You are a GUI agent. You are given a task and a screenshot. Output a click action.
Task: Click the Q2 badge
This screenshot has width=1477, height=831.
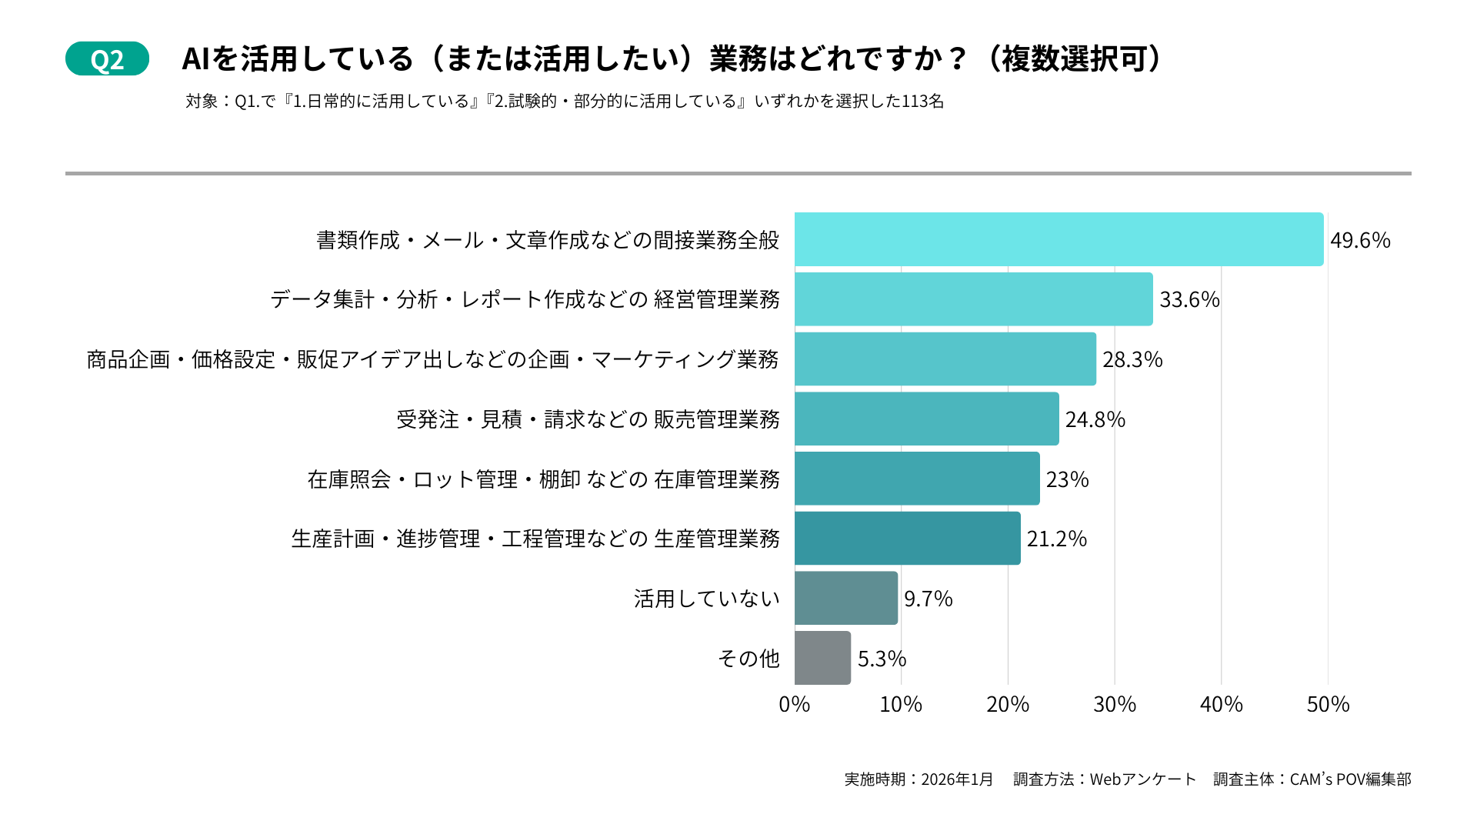tap(107, 59)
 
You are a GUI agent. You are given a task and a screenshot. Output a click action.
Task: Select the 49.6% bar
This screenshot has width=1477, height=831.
tap(1059, 239)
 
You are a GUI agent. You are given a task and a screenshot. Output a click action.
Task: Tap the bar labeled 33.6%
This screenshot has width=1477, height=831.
tap(973, 299)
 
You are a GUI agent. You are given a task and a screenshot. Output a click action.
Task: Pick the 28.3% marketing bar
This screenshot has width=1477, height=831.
tap(945, 359)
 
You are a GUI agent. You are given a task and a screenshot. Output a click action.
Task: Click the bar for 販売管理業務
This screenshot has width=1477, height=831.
tap(926, 419)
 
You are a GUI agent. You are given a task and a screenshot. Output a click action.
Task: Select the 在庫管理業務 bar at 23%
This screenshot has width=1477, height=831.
tap(917, 479)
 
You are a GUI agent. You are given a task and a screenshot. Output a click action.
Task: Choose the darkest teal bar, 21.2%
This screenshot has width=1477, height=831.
tap(907, 539)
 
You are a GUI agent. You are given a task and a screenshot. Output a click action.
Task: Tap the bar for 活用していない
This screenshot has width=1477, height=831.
tap(846, 598)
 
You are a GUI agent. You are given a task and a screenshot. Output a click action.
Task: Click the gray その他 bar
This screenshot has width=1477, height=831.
tap(822, 658)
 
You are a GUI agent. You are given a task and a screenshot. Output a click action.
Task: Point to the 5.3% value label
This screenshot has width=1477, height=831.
tap(882, 659)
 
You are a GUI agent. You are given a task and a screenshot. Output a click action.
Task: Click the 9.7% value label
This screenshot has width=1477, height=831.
tap(928, 599)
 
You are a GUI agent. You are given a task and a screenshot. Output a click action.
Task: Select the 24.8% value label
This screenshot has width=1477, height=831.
tap(1095, 419)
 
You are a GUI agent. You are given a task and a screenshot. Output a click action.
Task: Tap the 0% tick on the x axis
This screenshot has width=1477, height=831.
tap(794, 704)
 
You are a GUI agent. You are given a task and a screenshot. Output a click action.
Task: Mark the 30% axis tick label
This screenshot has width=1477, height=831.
tap(1114, 704)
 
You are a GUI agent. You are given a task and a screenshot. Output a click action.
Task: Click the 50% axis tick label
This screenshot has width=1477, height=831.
tap(1328, 704)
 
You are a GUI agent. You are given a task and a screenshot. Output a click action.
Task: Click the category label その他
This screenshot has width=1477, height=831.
tap(749, 659)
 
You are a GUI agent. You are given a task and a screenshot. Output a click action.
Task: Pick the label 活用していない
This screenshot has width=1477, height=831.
tap(706, 599)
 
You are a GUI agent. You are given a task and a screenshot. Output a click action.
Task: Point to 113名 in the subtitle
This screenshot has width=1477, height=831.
tap(922, 102)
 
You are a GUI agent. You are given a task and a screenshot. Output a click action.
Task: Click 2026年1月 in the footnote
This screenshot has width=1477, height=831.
tap(957, 779)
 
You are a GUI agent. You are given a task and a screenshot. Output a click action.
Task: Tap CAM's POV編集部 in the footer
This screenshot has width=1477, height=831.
tap(1350, 779)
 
